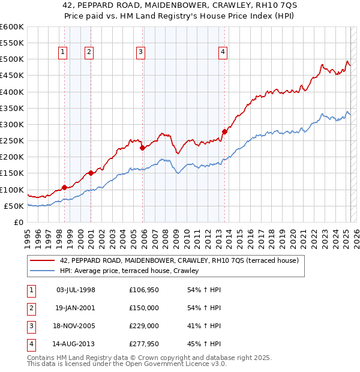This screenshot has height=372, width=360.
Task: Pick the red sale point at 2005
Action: pos(142,148)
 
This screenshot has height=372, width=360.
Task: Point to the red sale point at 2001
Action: pos(91,173)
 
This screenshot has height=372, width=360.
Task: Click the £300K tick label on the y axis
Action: pos(12,124)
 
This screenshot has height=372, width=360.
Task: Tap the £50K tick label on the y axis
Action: pos(14,206)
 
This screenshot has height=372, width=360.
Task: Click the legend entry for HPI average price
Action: pos(133,271)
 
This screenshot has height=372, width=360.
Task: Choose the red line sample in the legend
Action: pos(42,260)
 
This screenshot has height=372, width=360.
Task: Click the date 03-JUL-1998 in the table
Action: pos(76,290)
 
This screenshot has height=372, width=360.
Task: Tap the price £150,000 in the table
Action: pos(143,308)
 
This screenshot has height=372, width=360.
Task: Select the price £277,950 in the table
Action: pos(143,344)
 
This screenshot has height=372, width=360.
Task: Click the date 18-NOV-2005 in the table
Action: pos(76,326)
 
